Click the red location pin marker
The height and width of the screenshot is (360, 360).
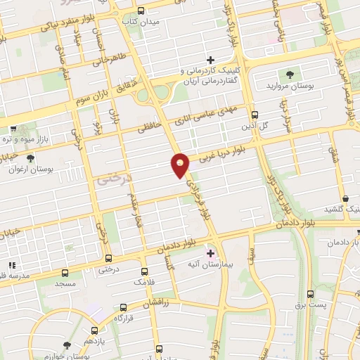(181, 165)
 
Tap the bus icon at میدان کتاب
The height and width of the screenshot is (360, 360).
(141, 11)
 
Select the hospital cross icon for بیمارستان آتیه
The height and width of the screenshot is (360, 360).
(210, 252)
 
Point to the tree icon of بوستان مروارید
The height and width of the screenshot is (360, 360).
(288, 74)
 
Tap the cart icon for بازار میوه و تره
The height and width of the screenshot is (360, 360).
(14, 129)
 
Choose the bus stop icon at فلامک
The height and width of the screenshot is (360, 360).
(145, 271)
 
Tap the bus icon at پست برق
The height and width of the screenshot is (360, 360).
(310, 294)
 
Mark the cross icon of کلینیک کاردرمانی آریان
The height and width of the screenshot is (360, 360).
(210, 60)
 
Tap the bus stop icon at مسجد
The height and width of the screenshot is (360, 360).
(65, 272)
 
